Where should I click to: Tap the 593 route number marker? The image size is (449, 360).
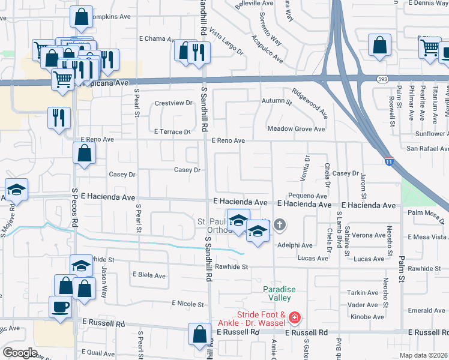[x=383, y=79]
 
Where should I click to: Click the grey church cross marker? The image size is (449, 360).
[x=279, y=226]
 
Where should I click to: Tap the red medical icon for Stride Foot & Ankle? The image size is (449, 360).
[x=294, y=316]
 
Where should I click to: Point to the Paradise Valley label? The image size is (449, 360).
[x=279, y=293]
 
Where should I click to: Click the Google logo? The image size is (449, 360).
[x=20, y=353]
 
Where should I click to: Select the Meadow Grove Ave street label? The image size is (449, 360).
[x=296, y=129]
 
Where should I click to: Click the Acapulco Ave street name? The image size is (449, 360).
[x=267, y=48]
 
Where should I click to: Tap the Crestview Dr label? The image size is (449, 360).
[x=173, y=103]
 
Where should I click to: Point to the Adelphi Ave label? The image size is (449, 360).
[x=295, y=245]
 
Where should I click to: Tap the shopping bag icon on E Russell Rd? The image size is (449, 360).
[x=199, y=335]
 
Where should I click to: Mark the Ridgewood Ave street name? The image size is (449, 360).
[x=310, y=103]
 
